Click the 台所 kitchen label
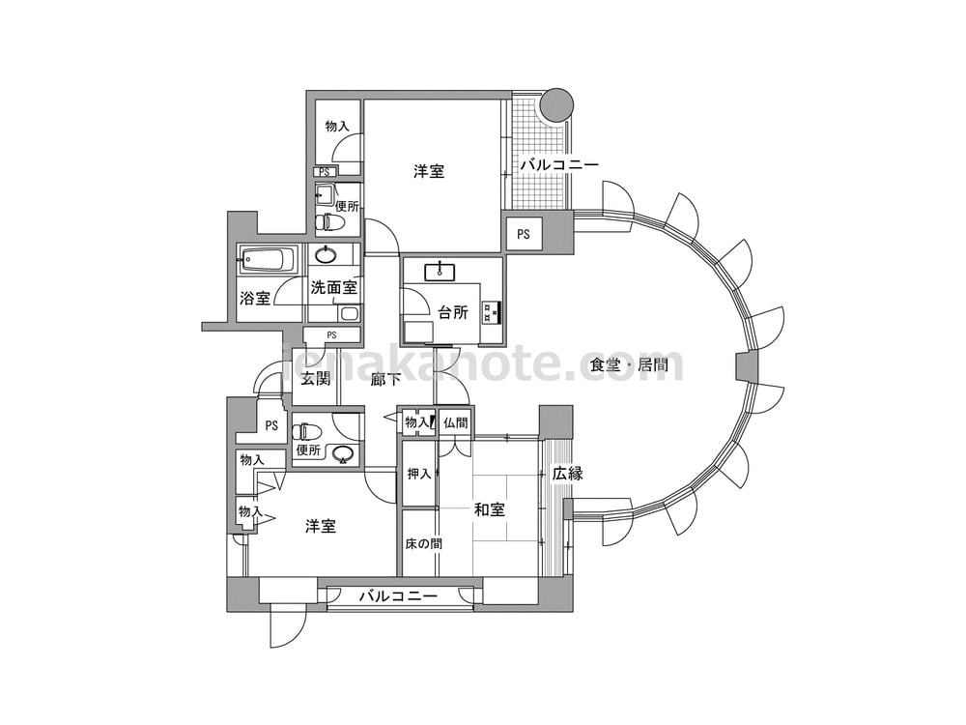click(453, 312)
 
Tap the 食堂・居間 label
click(629, 365)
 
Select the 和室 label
click(490, 509)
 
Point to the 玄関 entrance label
click(316, 379)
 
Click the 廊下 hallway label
click(386, 379)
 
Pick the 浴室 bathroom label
click(255, 299)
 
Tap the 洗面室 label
click(333, 287)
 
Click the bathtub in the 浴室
click(269, 259)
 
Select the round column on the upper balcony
click(556, 104)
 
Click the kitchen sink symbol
click(440, 272)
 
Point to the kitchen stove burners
click(491, 311)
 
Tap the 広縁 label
click(567, 474)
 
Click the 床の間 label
click(423, 543)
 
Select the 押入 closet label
click(419, 474)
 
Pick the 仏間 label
click(455, 423)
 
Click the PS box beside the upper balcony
click(524, 234)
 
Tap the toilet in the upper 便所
click(330, 221)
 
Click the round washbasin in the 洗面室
click(326, 254)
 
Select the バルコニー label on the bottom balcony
click(398, 596)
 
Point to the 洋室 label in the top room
click(429, 171)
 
